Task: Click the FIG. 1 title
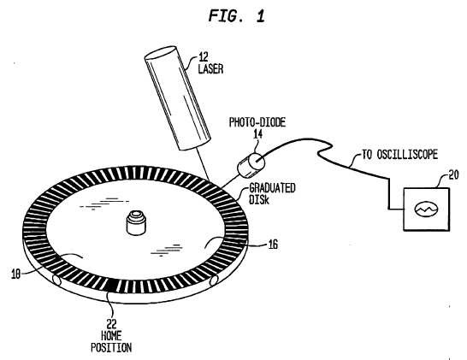236,15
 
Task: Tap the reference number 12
204,56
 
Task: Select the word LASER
210,68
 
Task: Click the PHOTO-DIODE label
257,122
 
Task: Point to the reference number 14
258,134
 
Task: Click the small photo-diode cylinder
251,164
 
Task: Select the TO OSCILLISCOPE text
399,155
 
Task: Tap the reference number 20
453,174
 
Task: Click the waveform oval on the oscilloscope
427,209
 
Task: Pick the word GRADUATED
272,188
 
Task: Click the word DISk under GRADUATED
259,199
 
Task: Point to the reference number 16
273,245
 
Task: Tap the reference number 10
15,274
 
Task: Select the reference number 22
111,324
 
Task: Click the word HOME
111,335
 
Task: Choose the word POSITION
111,347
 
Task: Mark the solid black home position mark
111,285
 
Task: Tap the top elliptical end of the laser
161,52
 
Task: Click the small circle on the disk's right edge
214,280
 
